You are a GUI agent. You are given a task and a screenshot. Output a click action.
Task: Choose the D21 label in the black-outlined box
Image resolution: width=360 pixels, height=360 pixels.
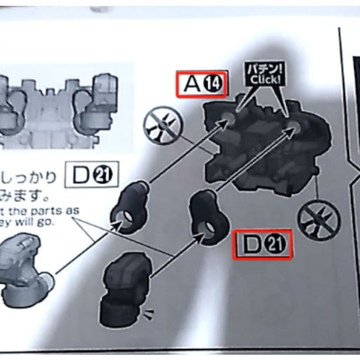[x=94, y=174]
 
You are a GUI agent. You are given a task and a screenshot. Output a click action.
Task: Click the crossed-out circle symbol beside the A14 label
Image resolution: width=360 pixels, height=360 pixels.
[x=163, y=126]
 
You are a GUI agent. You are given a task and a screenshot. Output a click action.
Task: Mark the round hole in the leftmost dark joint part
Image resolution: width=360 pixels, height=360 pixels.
[x=126, y=222]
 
